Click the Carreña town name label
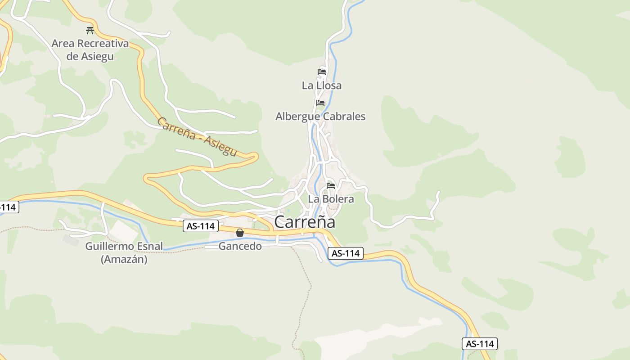pyautogui.click(x=305, y=222)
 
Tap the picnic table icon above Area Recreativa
pyautogui.click(x=90, y=31)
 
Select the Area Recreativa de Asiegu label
pyautogui.click(x=90, y=50)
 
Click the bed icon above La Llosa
pyautogui.click(x=321, y=72)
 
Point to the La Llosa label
pyautogui.click(x=321, y=85)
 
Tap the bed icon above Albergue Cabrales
pyautogui.click(x=320, y=103)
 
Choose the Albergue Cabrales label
pyautogui.click(x=320, y=117)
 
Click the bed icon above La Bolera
pyautogui.click(x=331, y=185)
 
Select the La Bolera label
pyautogui.click(x=331, y=198)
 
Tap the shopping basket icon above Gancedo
pyautogui.click(x=240, y=233)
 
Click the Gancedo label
pyautogui.click(x=240, y=246)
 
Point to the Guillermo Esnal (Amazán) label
pyautogui.click(x=124, y=252)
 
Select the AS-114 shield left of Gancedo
pyautogui.click(x=201, y=226)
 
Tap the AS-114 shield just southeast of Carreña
pyautogui.click(x=345, y=253)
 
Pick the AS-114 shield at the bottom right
pyautogui.click(x=480, y=344)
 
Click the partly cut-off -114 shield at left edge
pyautogui.click(x=8, y=207)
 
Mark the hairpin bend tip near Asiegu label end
pyautogui.click(x=257, y=156)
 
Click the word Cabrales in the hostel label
pyautogui.click(x=344, y=117)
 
